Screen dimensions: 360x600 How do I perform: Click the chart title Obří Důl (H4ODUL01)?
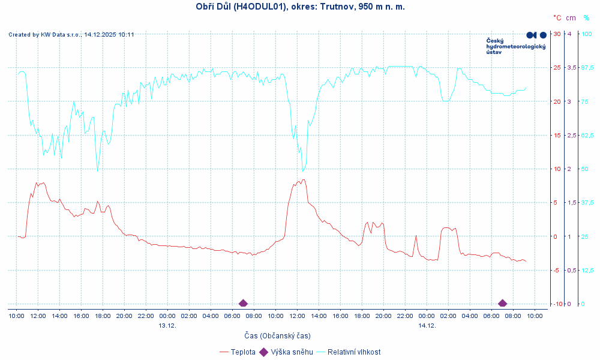click(x=300, y=7)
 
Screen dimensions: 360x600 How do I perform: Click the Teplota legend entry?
click(x=243, y=352)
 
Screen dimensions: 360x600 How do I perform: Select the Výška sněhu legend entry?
click(x=292, y=352)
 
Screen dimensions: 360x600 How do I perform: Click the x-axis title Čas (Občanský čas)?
click(x=277, y=335)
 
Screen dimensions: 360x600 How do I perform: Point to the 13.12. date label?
click(x=167, y=325)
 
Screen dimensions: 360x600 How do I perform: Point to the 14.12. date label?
click(x=427, y=325)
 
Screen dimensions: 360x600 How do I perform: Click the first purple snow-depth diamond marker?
click(x=243, y=303)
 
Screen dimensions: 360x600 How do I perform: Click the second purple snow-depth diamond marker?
click(x=502, y=303)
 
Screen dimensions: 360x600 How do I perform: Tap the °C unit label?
click(x=557, y=18)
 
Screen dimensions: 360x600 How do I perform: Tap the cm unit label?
click(x=571, y=18)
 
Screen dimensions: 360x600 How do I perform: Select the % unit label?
click(x=586, y=18)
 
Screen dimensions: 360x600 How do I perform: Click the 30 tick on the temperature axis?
click(x=557, y=34)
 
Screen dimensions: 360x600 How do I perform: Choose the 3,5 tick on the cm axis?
click(x=571, y=67)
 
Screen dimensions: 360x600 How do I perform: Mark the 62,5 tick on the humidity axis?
click(x=587, y=135)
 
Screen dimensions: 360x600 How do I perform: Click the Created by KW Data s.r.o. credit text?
click(x=71, y=35)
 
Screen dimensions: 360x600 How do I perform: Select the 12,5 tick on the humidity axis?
click(x=587, y=271)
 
